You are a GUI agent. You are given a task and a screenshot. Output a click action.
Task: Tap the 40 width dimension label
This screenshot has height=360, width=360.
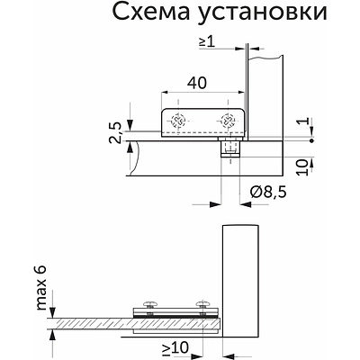click(x=200, y=82)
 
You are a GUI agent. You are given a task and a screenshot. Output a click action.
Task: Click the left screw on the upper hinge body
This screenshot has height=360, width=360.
click(x=178, y=121)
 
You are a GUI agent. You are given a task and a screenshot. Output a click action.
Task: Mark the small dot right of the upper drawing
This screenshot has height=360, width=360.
click(x=310, y=140)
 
